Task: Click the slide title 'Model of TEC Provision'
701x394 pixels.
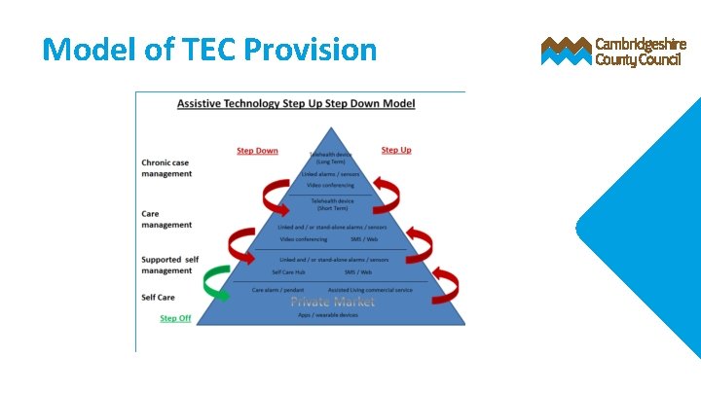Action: tap(209, 49)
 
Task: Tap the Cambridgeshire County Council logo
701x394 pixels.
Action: tap(613, 52)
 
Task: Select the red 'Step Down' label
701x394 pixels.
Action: tap(257, 151)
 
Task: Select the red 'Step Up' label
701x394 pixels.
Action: tap(395, 150)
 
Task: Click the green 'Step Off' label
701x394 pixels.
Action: tap(175, 318)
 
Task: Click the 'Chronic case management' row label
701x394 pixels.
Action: tap(166, 168)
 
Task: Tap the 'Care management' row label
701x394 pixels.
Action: tap(166, 219)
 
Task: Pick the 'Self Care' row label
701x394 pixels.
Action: tap(158, 297)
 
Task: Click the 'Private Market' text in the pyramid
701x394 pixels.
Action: tap(332, 302)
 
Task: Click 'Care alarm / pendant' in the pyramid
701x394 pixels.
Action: tap(277, 290)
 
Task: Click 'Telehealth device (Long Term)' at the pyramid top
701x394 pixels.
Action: tap(332, 158)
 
